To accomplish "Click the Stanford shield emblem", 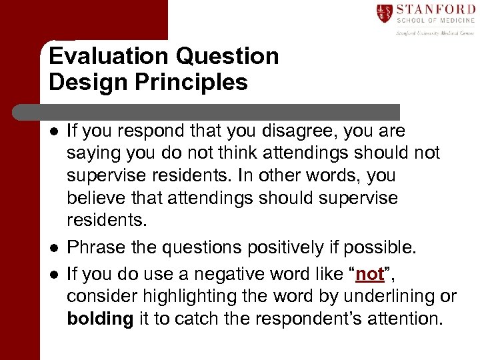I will point(385,14).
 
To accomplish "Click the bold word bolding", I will point(100,319).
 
